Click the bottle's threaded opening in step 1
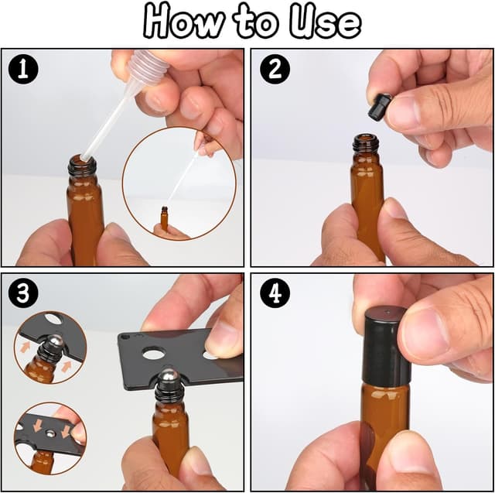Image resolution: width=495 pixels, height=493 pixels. coord(82,165)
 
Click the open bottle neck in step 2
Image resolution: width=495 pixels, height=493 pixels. coord(365,144)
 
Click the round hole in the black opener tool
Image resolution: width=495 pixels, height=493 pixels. coord(153,353)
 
